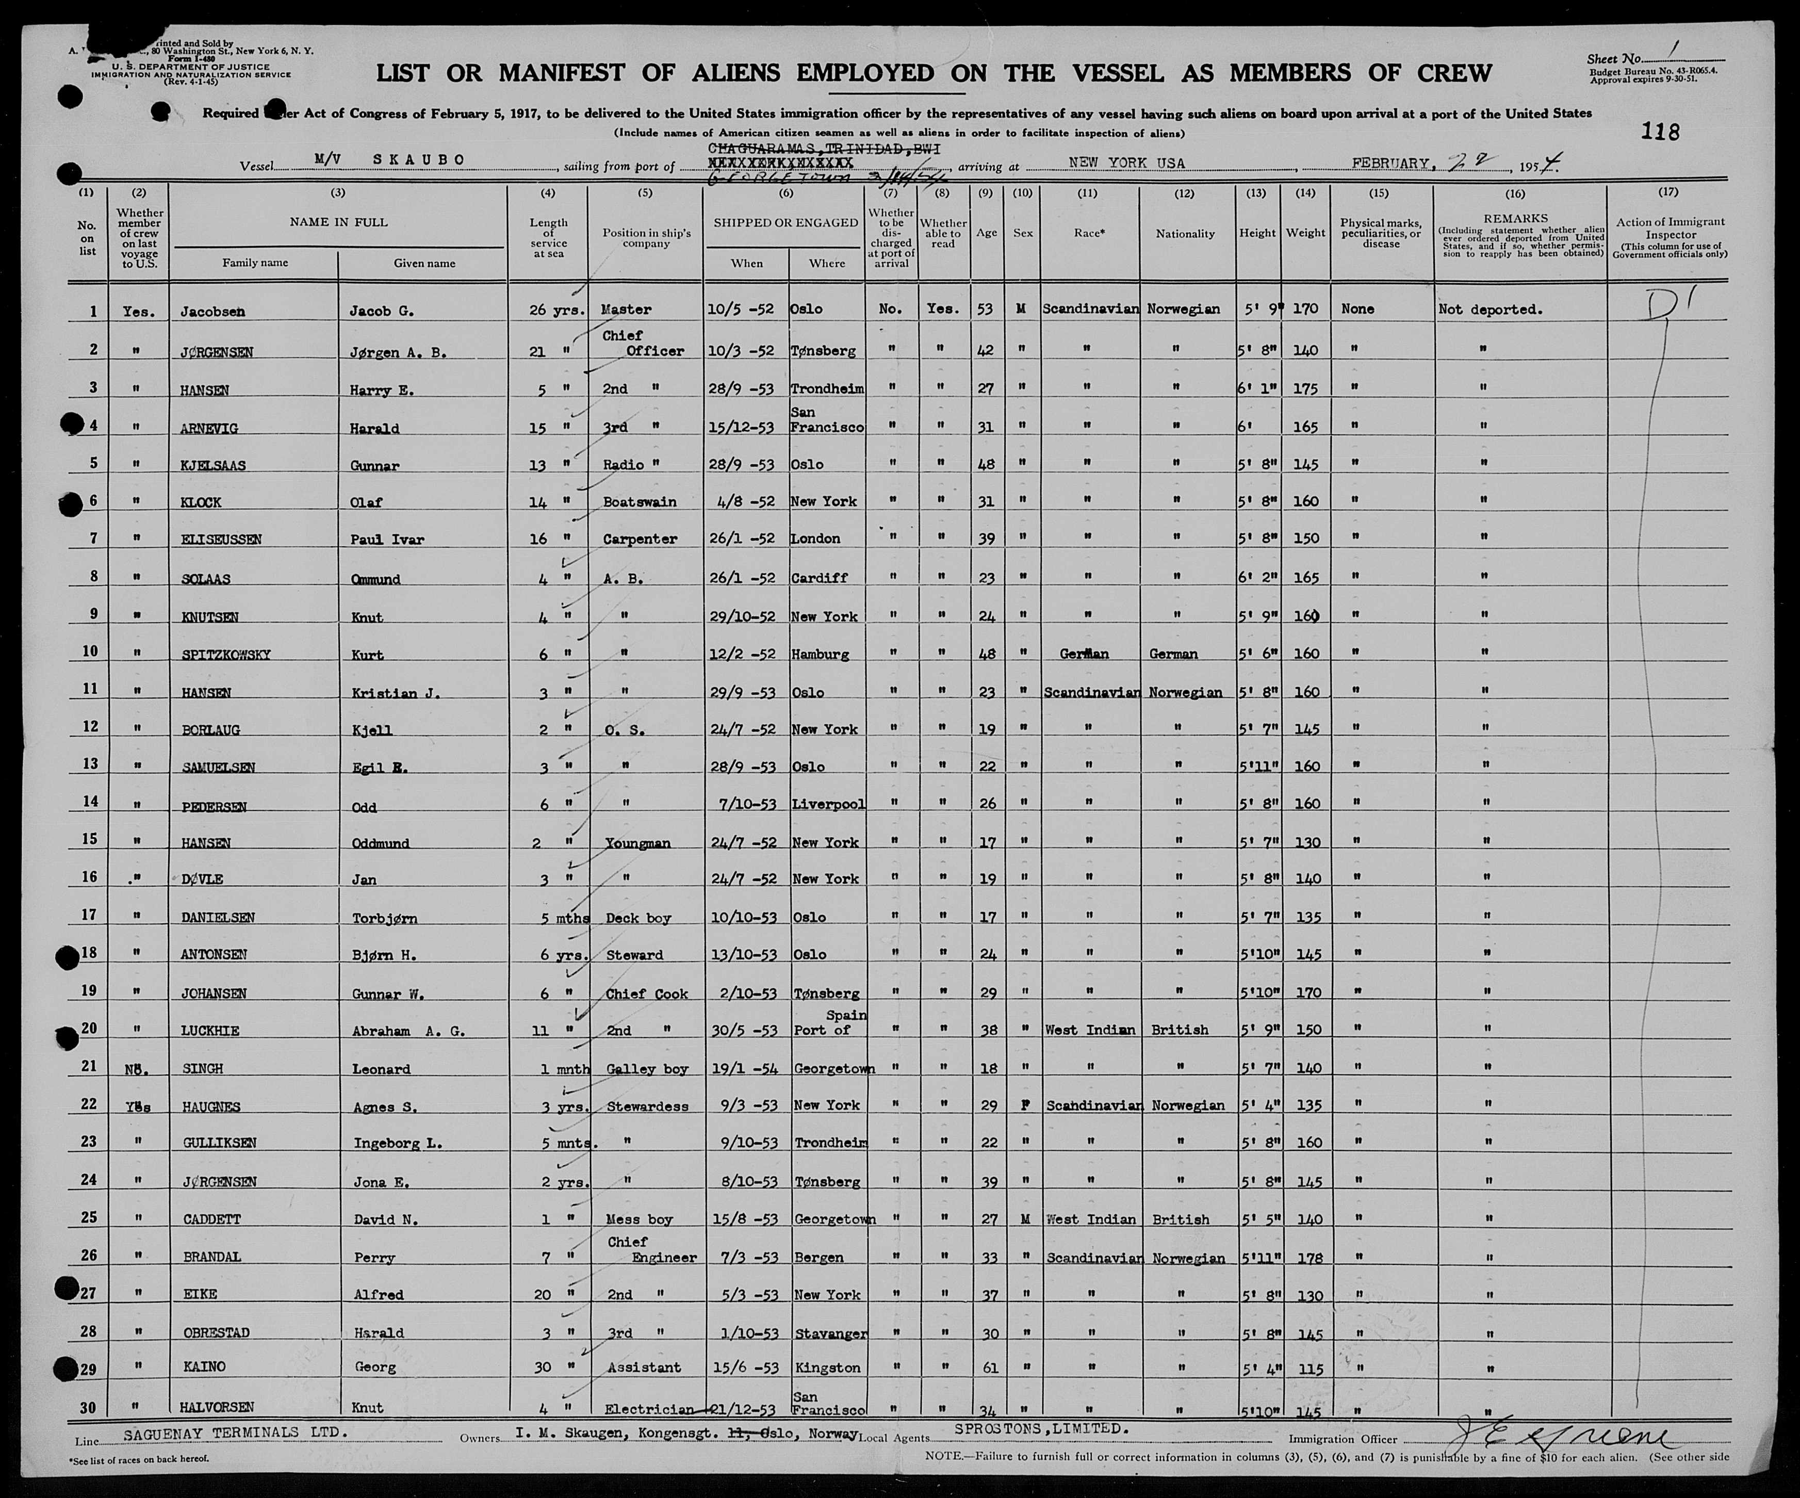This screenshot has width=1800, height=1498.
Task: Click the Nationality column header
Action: click(x=1185, y=233)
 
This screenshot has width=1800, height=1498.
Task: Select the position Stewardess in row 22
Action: click(x=647, y=1106)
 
